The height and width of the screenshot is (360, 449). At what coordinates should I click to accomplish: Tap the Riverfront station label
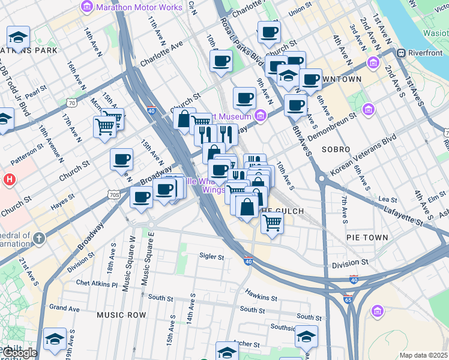point(425,53)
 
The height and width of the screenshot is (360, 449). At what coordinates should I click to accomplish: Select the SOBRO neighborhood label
point(336,148)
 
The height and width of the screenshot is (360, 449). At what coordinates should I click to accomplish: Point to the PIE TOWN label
point(367,238)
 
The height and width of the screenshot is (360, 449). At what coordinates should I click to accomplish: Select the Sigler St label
point(211,257)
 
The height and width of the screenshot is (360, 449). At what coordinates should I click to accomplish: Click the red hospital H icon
point(8,179)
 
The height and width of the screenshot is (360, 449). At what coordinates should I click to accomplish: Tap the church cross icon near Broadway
point(39,239)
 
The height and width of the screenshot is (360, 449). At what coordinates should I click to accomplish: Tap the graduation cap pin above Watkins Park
point(19,37)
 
